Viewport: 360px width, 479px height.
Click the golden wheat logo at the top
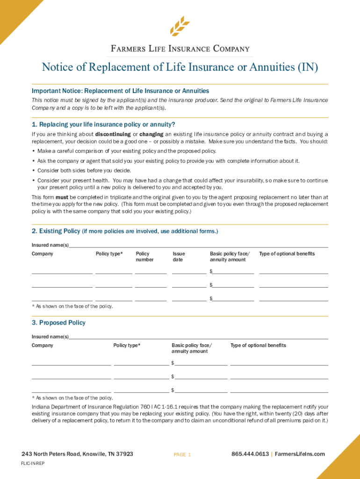coord(180,26)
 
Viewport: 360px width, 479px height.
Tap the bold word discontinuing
coord(112,134)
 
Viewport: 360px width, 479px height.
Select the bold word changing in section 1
coord(151,134)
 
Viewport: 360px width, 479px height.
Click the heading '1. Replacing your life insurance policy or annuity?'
coord(103,124)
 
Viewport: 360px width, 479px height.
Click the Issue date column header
coord(179,256)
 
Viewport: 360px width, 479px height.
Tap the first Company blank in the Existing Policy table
coord(62,271)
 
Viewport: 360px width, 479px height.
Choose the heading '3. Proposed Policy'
coord(58,323)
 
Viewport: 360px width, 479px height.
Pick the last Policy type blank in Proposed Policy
coord(141,390)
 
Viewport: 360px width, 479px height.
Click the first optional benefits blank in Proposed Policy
coord(279,363)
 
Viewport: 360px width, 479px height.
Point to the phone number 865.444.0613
coord(250,454)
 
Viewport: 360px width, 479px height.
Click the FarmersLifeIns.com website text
coord(300,454)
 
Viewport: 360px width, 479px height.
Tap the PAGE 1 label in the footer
coord(182,454)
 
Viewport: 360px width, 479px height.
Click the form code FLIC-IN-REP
coord(33,464)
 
